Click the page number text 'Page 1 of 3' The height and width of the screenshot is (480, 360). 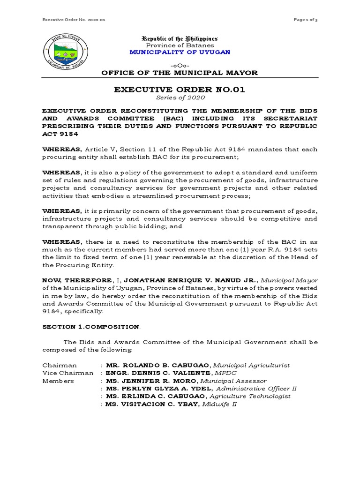click(x=305, y=19)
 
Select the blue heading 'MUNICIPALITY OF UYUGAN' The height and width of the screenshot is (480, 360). click(x=180, y=52)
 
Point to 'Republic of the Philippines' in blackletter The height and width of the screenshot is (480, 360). click(x=180, y=38)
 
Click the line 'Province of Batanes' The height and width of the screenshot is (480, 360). click(x=180, y=45)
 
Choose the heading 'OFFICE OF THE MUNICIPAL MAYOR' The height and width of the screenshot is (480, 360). click(x=180, y=73)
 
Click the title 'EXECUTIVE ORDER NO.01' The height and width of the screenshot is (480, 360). click(x=180, y=90)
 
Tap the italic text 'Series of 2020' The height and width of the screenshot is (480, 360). click(x=180, y=97)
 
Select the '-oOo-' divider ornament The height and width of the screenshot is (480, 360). click(x=180, y=64)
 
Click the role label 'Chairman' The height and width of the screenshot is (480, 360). click(x=60, y=365)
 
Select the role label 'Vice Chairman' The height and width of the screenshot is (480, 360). click(x=68, y=373)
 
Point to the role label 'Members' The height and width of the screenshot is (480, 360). click(x=58, y=381)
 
